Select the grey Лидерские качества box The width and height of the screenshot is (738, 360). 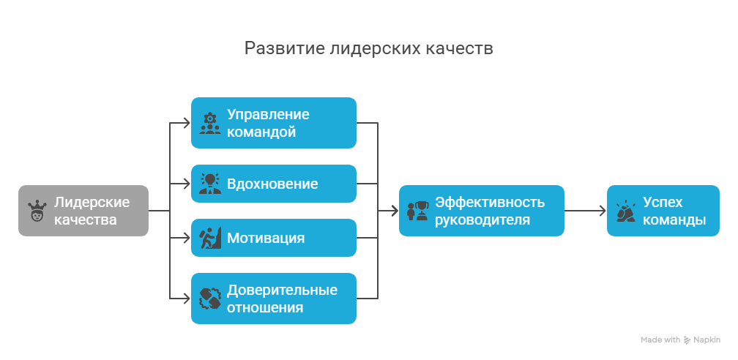pos(83,211)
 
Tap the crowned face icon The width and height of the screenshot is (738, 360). pos(37,211)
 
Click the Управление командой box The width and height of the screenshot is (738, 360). pos(274,123)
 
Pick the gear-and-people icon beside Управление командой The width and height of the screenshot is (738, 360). pos(210,124)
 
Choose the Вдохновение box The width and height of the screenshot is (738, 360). pos(274,184)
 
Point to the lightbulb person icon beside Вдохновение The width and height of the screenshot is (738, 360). pos(210,184)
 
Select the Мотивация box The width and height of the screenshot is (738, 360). pos(274,238)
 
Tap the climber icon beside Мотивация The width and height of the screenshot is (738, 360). pos(210,238)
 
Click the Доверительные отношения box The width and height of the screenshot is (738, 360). pos(274,299)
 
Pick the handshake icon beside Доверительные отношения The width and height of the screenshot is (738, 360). pos(210,299)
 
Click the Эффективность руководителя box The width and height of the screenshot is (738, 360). pos(482,211)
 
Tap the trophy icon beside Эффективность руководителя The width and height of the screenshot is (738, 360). pos(418,211)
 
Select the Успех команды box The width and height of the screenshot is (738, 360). pos(663,211)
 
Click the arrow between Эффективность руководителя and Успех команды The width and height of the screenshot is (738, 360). pos(586,211)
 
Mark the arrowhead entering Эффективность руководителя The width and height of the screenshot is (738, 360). pos(394,211)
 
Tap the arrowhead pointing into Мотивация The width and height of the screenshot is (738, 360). pos(186,238)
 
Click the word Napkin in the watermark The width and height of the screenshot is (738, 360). pos(707,340)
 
